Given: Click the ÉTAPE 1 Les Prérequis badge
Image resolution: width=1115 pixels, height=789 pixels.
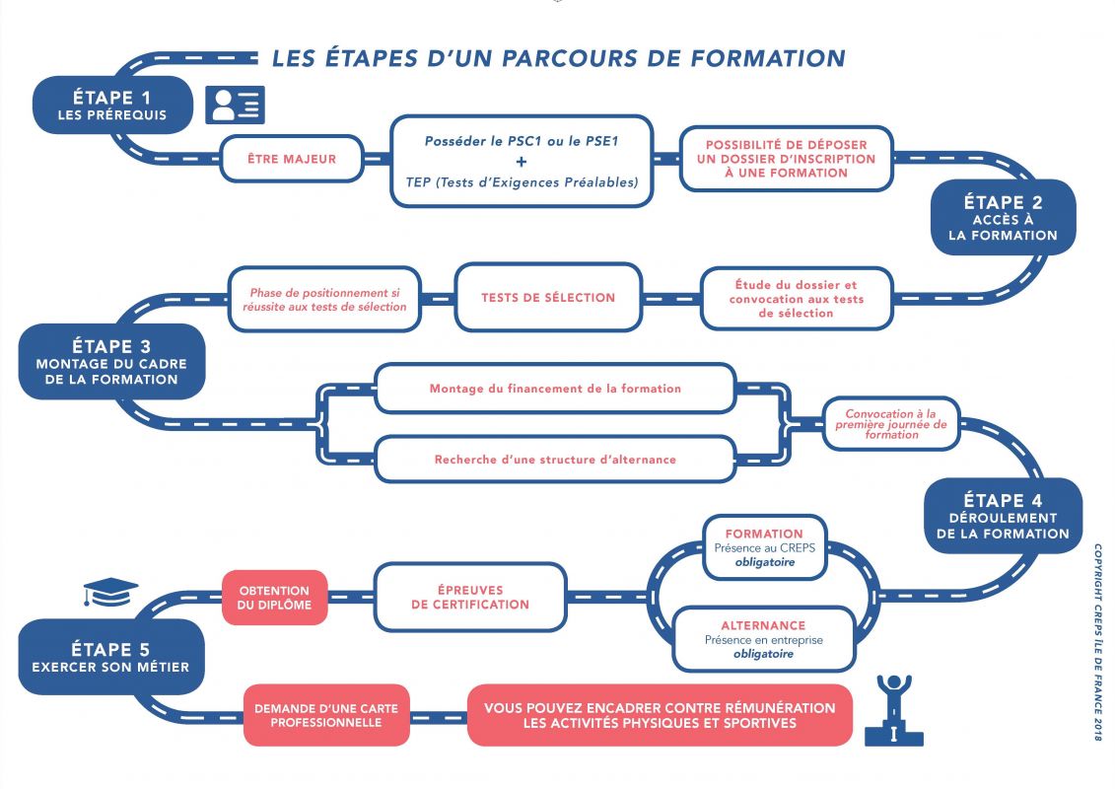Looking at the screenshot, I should tap(111, 105).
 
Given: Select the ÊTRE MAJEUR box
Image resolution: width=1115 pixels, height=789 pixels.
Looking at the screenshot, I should tap(292, 159).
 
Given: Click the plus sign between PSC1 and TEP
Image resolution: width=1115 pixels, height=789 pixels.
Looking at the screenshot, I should tap(522, 162).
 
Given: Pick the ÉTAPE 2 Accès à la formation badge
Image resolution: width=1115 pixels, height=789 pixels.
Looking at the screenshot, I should tap(1003, 218).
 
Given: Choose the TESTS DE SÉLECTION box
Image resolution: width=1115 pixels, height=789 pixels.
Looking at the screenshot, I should tap(548, 297).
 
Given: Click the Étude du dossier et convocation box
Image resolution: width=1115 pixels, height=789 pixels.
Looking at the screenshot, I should tap(797, 299).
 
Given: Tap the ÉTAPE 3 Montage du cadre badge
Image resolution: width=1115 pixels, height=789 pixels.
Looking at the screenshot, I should tap(111, 362).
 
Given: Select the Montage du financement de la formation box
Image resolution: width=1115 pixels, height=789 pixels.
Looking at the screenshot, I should tap(555, 389).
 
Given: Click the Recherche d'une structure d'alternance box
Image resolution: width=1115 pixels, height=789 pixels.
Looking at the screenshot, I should tap(555, 460).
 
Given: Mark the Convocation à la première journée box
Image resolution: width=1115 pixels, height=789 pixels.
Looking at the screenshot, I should tap(890, 424).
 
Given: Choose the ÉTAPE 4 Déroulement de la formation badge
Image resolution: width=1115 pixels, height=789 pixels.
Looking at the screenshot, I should tap(1003, 516).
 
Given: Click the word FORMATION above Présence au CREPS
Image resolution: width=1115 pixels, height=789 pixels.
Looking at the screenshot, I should tap(764, 534).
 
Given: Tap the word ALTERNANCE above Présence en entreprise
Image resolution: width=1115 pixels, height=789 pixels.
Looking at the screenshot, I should tap(763, 625).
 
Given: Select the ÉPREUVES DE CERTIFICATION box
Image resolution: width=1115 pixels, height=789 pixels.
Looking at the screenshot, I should tap(470, 597).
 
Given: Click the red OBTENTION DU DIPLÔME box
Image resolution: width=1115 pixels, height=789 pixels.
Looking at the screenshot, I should tap(274, 598).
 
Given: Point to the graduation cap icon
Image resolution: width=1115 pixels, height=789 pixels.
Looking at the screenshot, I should tap(110, 592).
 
